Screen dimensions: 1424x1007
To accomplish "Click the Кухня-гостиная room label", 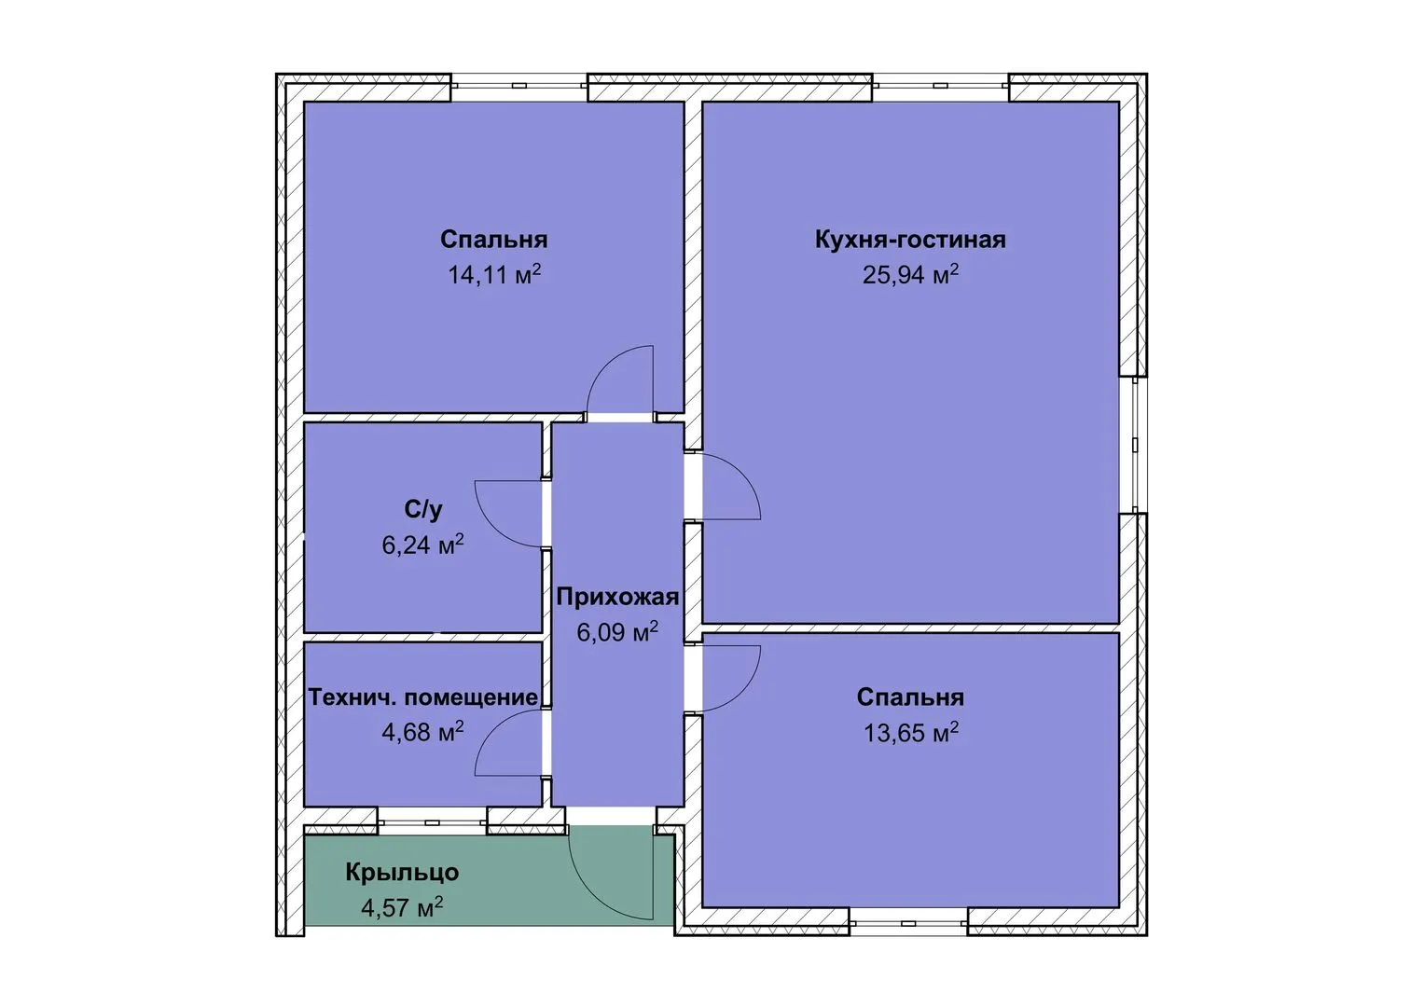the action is (910, 240).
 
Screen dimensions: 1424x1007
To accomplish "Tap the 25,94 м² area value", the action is (910, 275).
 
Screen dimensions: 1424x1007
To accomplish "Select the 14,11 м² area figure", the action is (494, 275).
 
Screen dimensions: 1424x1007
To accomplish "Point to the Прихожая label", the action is (618, 597).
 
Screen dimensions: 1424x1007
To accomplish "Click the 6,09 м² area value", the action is (618, 632).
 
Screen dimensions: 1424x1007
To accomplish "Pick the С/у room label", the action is (423, 509).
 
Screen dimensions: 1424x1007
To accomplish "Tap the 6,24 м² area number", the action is (423, 545).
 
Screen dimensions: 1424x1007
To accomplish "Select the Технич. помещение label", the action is (423, 697).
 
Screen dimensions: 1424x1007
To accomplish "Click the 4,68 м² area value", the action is (423, 732).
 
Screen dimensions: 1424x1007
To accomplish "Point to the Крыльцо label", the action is (403, 872).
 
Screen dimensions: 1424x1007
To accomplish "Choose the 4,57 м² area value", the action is (403, 907).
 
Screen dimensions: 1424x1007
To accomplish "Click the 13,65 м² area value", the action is (910, 733).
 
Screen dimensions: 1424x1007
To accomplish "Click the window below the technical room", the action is (433, 821).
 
